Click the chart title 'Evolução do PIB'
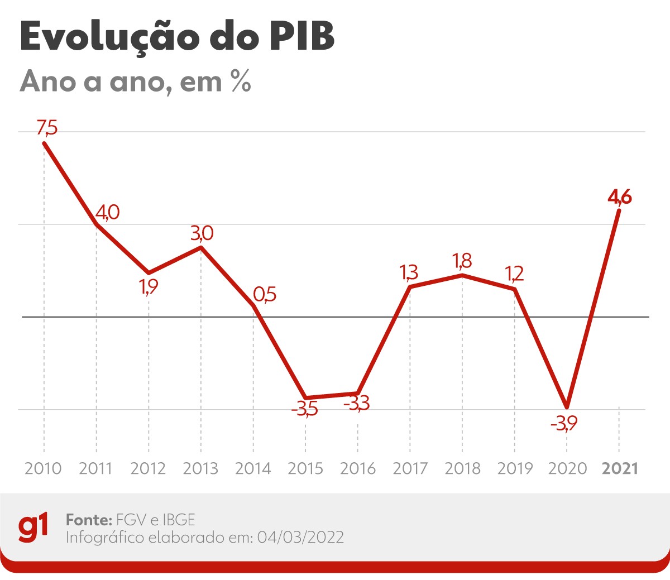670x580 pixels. pos(177,37)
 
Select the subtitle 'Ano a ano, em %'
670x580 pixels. pos(135,82)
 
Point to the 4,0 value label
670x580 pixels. pos(107,213)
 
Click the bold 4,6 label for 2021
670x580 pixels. pos(620,197)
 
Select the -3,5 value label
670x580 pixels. pos(305,409)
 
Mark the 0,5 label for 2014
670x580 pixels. pos(265,294)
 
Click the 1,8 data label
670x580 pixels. pos(462,261)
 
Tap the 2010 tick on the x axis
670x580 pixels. pos(44,468)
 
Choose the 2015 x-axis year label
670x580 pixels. pos(305,468)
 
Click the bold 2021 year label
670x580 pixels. pos(620,468)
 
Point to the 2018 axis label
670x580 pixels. pos(462,468)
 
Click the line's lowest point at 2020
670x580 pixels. pos(567,406)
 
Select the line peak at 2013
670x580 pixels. pos(201,247)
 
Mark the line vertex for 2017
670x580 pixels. pos(410,287)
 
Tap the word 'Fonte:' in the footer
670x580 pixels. pos(89,520)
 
